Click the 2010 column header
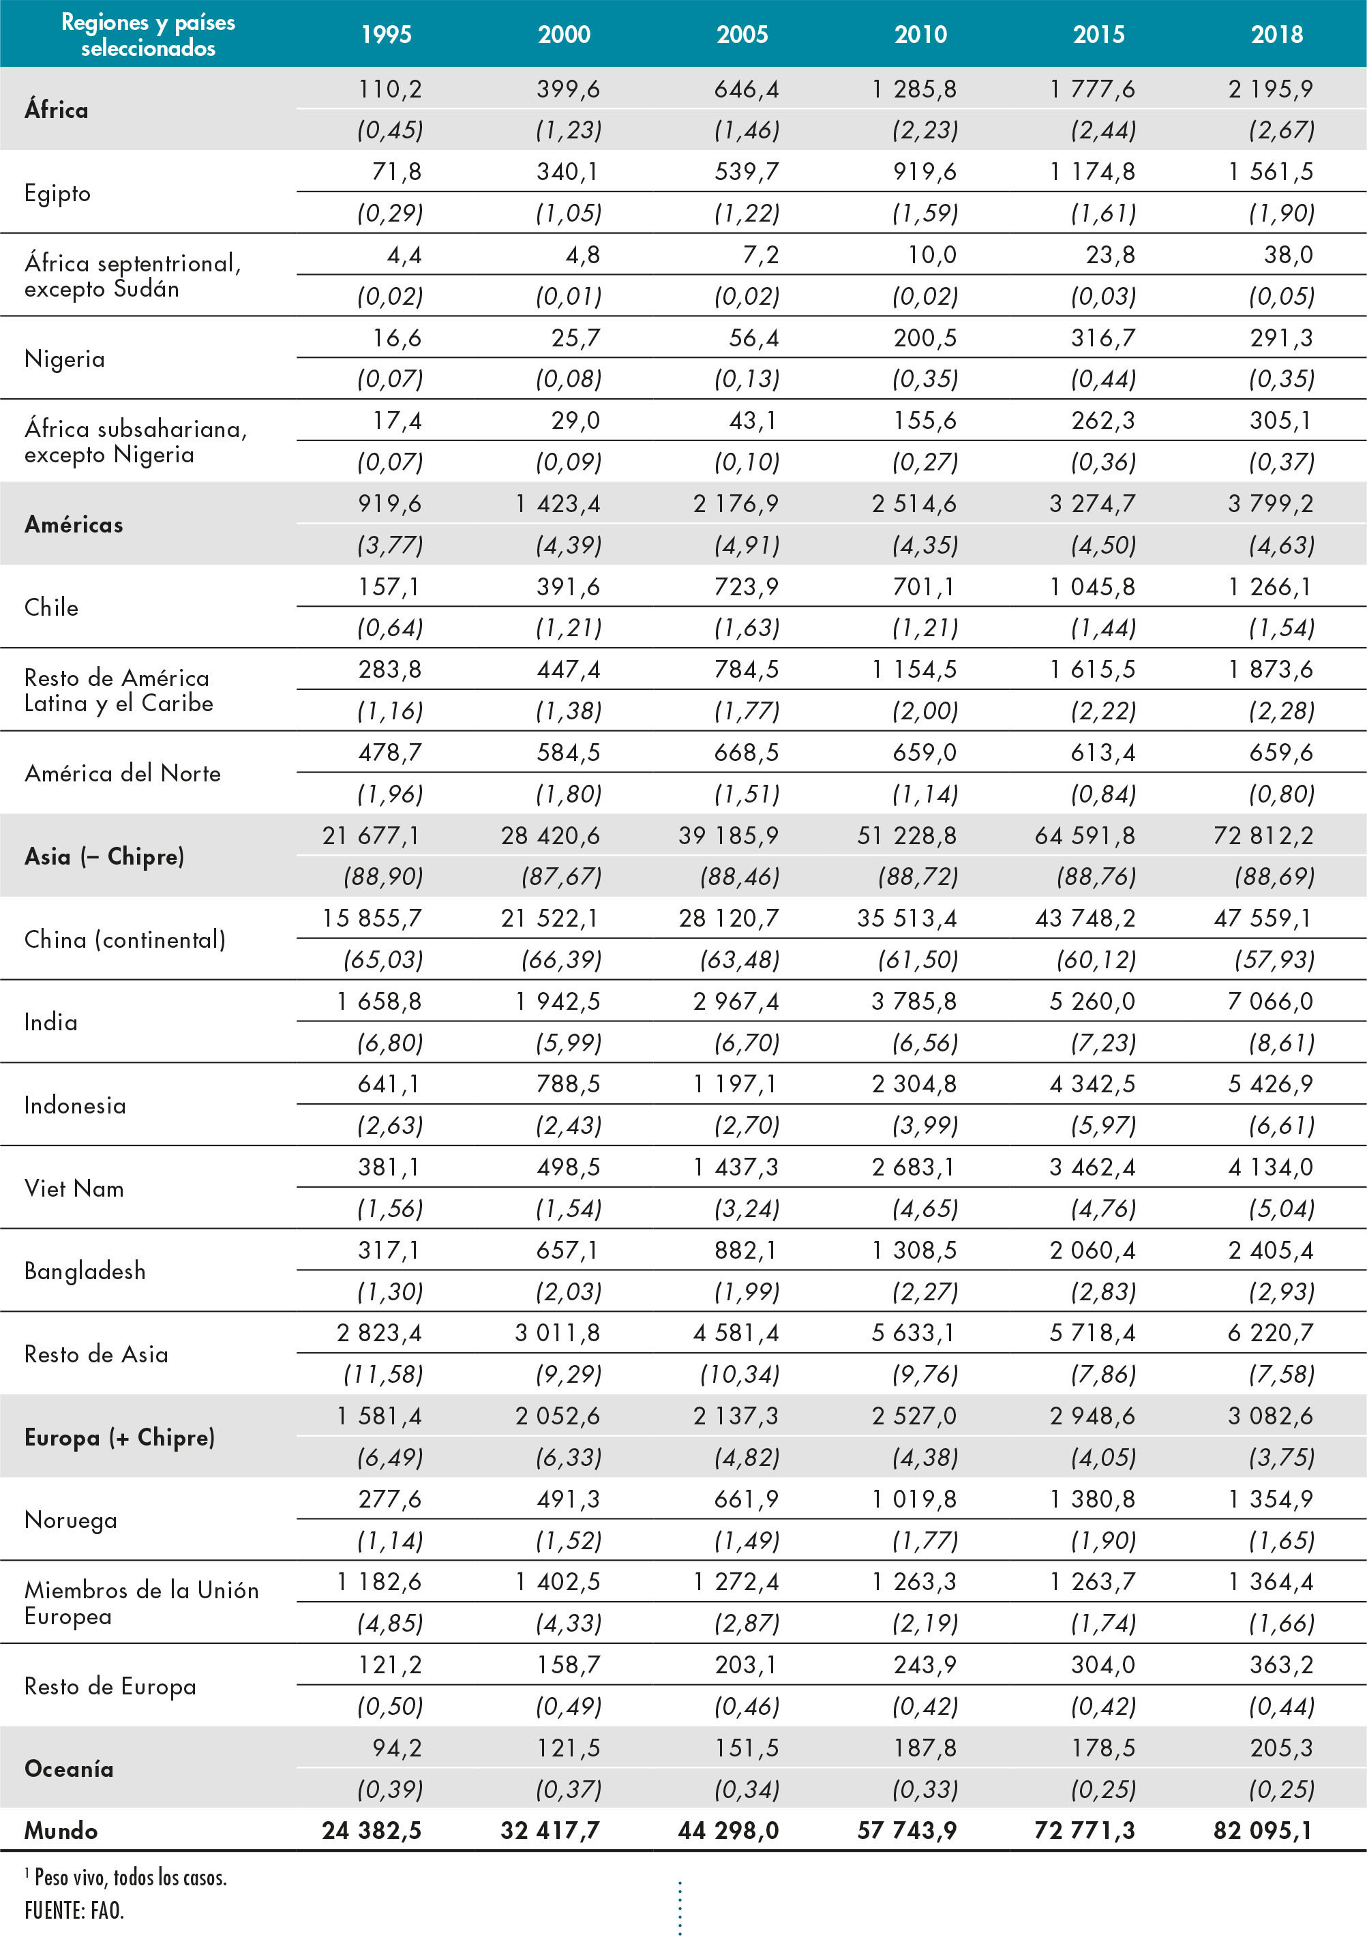tap(920, 34)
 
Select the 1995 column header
tap(387, 34)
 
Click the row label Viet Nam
tap(74, 1188)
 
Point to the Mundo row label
tap(61, 1831)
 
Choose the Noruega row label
tap(70, 1520)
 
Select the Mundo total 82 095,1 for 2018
tap(1262, 1831)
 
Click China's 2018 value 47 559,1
tap(1262, 918)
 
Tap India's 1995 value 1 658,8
tap(379, 1001)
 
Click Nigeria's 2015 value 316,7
tap(1102, 338)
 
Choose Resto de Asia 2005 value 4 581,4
tap(736, 1332)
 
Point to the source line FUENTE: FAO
tap(74, 1911)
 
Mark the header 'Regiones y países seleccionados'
tap(149, 35)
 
